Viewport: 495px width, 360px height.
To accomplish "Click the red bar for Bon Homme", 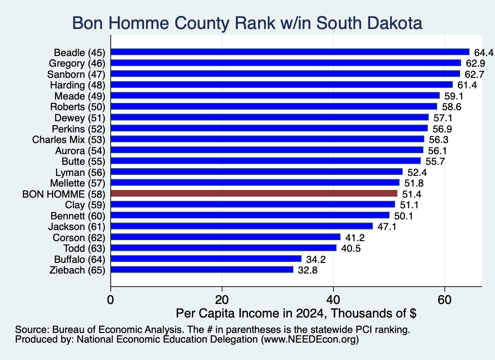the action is [254, 193].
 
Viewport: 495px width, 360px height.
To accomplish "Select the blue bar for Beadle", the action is [290, 52].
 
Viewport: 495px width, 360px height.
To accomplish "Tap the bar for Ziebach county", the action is [202, 270].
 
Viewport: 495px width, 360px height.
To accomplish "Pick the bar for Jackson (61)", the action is [242, 226].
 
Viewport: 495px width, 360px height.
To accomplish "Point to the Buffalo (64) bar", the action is [206, 259].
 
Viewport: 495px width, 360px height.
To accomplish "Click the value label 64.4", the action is [483, 52].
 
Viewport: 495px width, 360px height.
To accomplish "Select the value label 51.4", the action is [412, 194].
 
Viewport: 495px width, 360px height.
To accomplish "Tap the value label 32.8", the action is [308, 270].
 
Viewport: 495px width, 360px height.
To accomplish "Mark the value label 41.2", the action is [355, 238].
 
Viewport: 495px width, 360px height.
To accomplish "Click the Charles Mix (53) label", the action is [69, 140].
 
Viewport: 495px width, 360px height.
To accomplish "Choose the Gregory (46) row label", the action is [77, 63].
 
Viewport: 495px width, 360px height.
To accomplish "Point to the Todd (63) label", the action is [84, 248].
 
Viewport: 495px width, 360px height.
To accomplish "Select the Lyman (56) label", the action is [80, 173].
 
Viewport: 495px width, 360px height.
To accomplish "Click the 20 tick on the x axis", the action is [222, 300].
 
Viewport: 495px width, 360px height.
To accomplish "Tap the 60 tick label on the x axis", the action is [445, 300].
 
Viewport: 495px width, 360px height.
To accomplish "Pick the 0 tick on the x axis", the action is [111, 300].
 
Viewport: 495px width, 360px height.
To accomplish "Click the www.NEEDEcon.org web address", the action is [310, 339].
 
